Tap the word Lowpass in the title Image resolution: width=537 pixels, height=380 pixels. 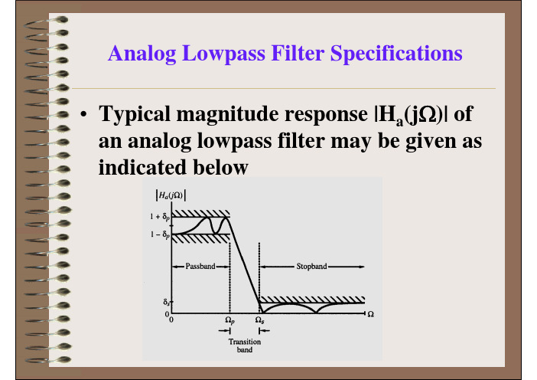[223, 54]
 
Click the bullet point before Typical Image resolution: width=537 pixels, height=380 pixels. [83, 114]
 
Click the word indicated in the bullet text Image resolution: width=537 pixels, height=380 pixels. [142, 167]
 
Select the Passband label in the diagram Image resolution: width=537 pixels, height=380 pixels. [200, 266]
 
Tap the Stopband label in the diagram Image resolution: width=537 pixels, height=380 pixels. [311, 266]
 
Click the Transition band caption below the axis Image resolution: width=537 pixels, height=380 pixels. [245, 346]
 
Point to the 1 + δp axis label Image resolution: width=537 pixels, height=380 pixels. [160, 217]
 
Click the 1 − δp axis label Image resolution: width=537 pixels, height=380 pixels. [160, 234]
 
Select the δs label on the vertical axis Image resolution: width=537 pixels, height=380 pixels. [167, 303]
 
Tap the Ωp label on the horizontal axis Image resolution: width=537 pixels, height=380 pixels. [229, 320]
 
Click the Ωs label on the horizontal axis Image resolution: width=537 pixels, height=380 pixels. [259, 320]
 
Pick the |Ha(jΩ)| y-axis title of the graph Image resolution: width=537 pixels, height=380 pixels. [171, 195]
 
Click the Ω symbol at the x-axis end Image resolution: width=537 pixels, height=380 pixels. [370, 314]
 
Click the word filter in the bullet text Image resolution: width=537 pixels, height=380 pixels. [302, 141]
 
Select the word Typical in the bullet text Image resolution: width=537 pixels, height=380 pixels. [135, 115]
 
